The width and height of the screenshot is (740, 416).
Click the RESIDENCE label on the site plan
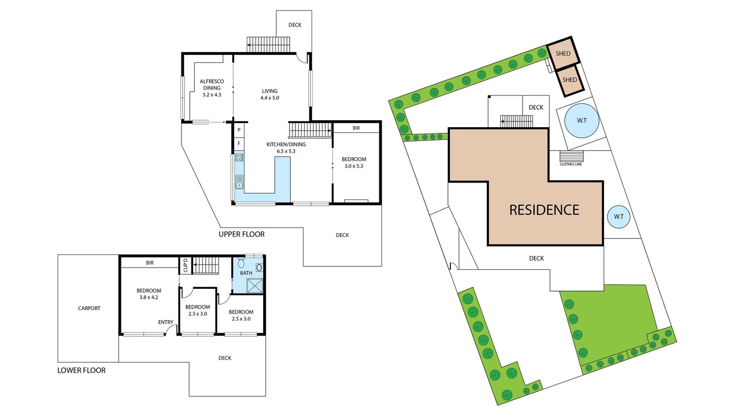click(544, 210)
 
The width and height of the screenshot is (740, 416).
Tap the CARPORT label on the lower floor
click(89, 309)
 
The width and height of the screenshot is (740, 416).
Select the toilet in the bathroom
click(242, 263)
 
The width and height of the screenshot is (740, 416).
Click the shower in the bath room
click(256, 286)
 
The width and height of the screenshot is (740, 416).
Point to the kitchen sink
click(239, 182)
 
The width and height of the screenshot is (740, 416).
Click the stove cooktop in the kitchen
click(239, 158)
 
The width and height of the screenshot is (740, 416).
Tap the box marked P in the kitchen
click(239, 130)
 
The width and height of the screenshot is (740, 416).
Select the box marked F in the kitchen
click(239, 144)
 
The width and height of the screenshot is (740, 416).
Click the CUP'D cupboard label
click(186, 265)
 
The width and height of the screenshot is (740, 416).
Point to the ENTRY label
click(165, 322)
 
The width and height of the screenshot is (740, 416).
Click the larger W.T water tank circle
click(582, 121)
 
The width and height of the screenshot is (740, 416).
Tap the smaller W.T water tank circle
click(619, 217)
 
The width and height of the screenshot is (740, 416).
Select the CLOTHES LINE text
click(571, 165)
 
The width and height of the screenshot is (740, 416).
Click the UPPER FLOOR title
click(242, 235)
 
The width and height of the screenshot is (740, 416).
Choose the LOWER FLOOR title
click(82, 370)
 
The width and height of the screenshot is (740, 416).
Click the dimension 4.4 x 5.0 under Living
click(269, 98)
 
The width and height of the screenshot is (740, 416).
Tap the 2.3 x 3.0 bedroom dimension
click(198, 314)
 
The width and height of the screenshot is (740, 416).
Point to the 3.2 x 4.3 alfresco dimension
click(212, 94)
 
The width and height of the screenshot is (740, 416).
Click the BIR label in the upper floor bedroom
click(356, 128)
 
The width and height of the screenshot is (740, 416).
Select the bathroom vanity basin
click(260, 268)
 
